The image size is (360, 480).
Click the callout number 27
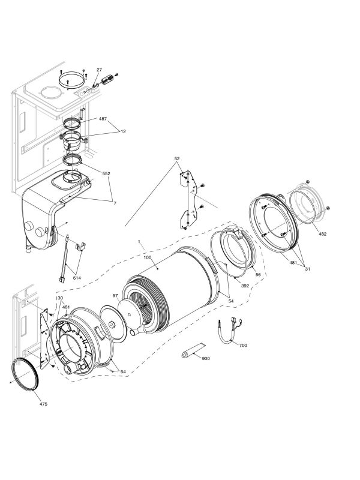(99, 70)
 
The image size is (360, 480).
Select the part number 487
(102, 119)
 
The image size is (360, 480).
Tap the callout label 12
(123, 131)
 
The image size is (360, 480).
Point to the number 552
(106, 173)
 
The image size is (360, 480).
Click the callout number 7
(115, 203)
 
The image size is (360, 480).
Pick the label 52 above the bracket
(177, 159)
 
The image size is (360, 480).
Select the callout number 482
(322, 233)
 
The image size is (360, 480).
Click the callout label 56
(259, 274)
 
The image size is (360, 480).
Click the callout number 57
(115, 296)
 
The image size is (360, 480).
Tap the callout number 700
(242, 346)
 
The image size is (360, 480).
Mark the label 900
(206, 358)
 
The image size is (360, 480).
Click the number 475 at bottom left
(43, 404)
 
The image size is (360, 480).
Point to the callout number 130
(59, 298)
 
